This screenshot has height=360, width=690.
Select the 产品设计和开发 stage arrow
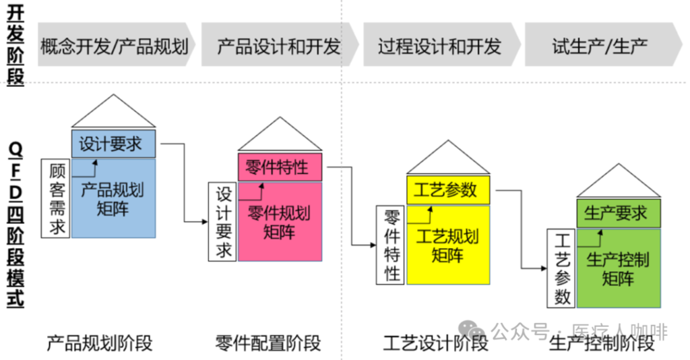click(278, 46)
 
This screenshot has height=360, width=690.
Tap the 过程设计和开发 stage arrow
click(439, 46)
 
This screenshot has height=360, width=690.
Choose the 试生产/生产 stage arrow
click(600, 46)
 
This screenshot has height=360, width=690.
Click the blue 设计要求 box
click(113, 144)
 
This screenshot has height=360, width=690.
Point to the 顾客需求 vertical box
click(56, 199)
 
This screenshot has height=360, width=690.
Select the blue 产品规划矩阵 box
click(113, 198)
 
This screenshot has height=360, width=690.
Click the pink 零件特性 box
click(280, 167)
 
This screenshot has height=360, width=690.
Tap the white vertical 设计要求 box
click(223, 222)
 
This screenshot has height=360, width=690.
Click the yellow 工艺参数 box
click(447, 189)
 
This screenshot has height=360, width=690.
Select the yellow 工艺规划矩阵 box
click(447, 245)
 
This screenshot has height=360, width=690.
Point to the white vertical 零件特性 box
click(390, 245)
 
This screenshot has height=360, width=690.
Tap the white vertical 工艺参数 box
click(561, 268)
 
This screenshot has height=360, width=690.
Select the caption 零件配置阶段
click(268, 342)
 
